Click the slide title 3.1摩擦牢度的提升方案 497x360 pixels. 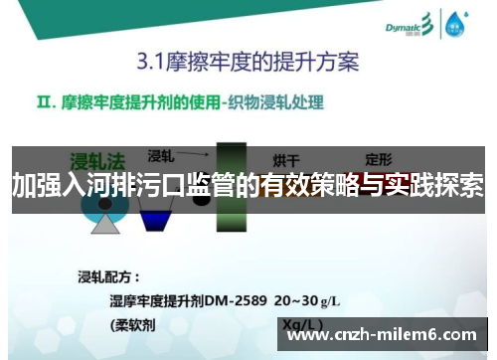click(x=248, y=62)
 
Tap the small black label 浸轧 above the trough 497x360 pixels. click(x=161, y=155)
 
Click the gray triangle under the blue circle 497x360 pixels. click(x=104, y=224)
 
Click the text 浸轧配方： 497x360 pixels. click(x=110, y=275)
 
